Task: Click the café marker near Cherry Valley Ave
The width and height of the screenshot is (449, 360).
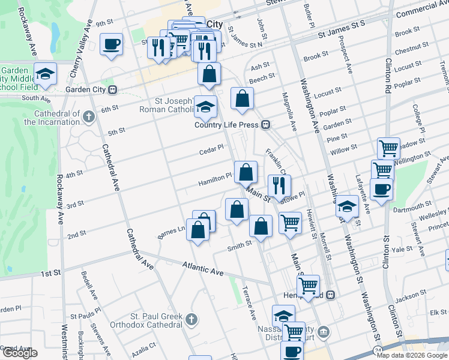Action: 111,45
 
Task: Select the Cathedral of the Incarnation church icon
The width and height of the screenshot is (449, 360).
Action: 89,116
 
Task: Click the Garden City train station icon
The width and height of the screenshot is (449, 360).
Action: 113,89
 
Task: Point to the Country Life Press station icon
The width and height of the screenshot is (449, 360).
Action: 265,125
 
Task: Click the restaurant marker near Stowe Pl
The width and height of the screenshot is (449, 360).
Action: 279,186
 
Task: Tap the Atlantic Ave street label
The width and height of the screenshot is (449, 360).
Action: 203,268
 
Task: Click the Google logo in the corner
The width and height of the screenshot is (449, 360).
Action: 19,353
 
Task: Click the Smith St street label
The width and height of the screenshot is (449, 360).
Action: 240,246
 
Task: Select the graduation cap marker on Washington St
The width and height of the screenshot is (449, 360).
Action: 346,206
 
